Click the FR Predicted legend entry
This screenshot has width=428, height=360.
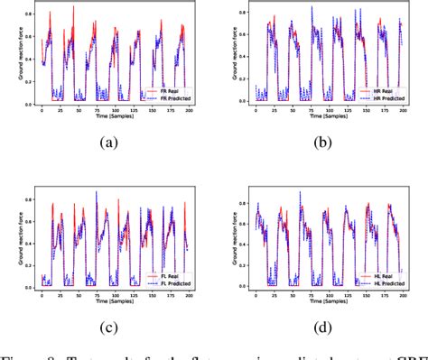pos(167,97)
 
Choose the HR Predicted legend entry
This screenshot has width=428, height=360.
pos(380,97)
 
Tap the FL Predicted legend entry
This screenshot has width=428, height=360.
pos(167,281)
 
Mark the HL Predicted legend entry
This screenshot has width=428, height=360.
pos(380,281)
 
